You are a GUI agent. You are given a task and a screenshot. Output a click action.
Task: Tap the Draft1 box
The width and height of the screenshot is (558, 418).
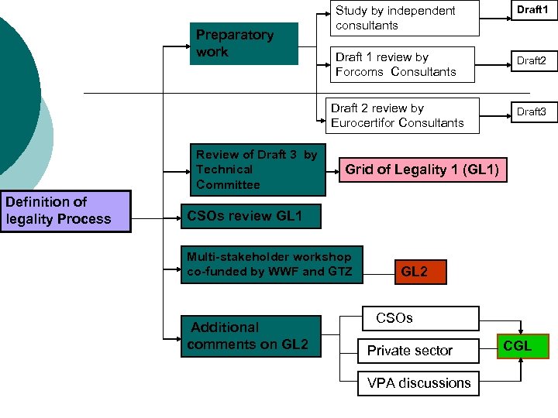(532, 9)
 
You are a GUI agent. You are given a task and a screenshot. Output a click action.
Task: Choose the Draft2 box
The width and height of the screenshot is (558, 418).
(532, 60)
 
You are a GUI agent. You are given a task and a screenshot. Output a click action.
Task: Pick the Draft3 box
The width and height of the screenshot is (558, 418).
(532, 111)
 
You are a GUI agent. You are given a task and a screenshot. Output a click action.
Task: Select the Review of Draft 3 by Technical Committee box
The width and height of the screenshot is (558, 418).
(258, 170)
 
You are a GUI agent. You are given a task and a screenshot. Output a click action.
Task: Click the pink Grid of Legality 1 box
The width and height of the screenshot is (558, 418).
(422, 170)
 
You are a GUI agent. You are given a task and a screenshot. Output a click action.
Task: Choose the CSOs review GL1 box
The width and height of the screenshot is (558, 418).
(250, 216)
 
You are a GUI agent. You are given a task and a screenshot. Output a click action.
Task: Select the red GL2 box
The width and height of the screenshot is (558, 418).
(419, 272)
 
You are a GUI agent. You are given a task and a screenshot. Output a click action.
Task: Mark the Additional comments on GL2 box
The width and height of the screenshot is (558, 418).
(250, 336)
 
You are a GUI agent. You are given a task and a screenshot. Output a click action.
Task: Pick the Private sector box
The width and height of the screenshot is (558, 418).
(418, 351)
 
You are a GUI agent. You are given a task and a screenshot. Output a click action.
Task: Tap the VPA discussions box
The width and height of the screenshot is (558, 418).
(418, 383)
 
